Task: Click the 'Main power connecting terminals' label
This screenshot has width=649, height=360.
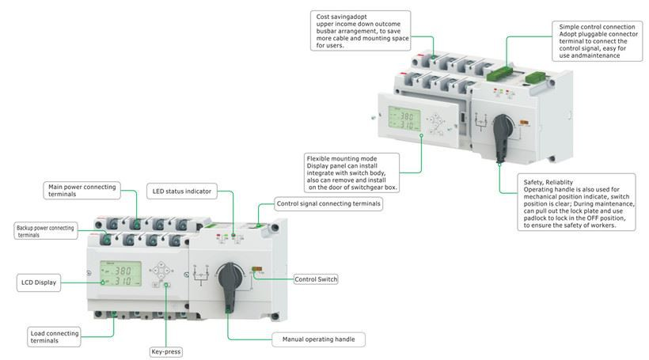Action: pos(82,191)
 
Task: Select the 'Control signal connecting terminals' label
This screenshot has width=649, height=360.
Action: pos(328,204)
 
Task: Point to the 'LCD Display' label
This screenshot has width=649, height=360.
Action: pos(39,282)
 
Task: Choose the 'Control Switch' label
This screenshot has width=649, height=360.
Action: pos(317,279)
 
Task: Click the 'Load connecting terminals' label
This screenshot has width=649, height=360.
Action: pos(54,337)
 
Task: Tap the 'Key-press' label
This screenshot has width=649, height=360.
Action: pos(165,351)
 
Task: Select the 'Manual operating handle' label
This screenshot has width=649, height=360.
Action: pos(318,339)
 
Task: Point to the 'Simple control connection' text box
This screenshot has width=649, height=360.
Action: pos(596,41)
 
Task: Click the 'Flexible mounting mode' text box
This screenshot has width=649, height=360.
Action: pos(352,172)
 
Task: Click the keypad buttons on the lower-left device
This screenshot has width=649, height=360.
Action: pos(164,273)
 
